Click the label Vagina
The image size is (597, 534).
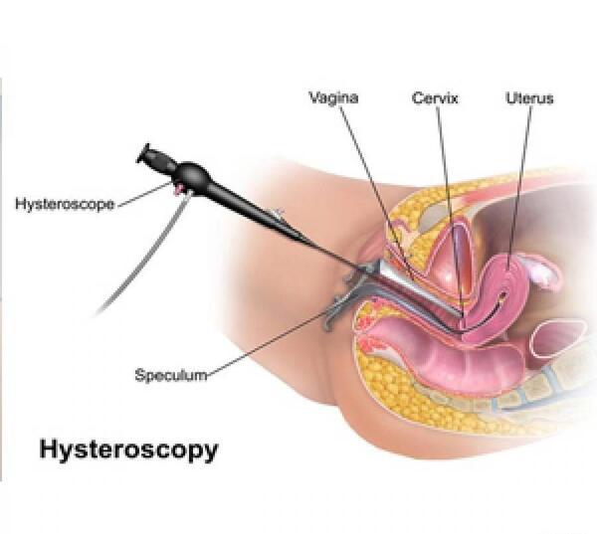[333, 97]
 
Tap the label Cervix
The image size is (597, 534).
[435, 98]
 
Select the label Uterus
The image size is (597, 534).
[529, 98]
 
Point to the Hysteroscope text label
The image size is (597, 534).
[65, 204]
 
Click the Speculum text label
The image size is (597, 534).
[171, 375]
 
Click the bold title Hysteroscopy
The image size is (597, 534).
[128, 449]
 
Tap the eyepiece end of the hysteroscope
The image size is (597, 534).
[143, 153]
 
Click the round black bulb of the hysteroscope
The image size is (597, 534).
[193, 175]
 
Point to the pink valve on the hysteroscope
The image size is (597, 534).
[178, 188]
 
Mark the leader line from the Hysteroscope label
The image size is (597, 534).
[144, 195]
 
